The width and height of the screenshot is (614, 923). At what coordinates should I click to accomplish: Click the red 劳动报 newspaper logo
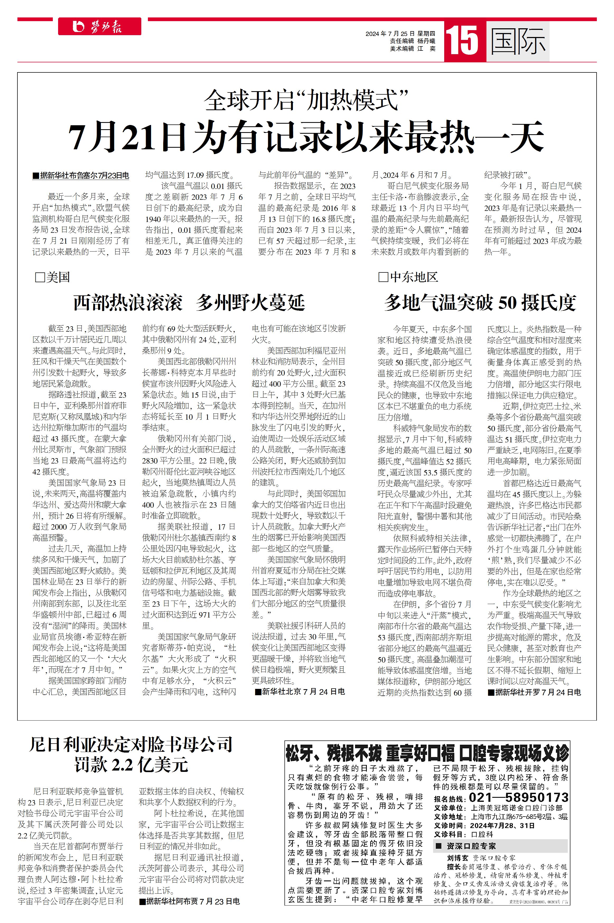100,27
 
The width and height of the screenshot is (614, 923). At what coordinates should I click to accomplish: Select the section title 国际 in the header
518,41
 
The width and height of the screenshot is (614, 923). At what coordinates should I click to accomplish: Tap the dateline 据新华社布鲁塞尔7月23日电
81,175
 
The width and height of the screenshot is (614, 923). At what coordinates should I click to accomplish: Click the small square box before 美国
40,278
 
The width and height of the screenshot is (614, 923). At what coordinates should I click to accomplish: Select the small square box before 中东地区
383,277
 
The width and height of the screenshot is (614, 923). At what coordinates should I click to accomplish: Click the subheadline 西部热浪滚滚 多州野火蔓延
189,303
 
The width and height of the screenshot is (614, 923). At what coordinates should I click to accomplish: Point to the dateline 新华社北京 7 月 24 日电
300,692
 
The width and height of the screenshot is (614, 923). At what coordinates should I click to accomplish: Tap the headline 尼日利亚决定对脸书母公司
131,745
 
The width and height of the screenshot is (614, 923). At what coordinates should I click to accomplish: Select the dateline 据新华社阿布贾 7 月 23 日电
190,901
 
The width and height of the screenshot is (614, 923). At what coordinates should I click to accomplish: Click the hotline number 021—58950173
518,797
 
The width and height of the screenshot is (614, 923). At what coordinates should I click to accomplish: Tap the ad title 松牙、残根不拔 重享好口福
370,753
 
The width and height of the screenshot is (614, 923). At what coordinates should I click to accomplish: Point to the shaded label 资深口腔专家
471,846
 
